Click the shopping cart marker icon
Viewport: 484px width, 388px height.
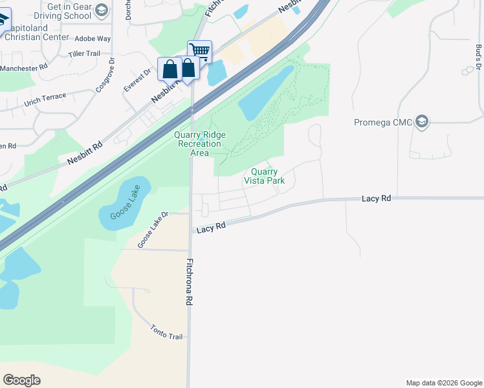[x=200, y=50]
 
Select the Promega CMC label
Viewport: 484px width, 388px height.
[x=383, y=123]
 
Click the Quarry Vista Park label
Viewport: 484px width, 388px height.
[x=264, y=176]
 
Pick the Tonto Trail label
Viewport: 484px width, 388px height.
[x=168, y=332]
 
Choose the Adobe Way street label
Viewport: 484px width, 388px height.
[x=93, y=39]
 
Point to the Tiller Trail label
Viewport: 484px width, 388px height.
[x=84, y=54]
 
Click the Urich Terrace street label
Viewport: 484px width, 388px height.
[x=45, y=100]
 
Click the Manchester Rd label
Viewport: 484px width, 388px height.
[x=24, y=67]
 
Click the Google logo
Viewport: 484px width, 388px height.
[x=21, y=380]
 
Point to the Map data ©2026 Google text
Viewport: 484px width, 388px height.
[x=443, y=383]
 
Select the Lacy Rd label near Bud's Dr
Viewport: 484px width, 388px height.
[x=377, y=199]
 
